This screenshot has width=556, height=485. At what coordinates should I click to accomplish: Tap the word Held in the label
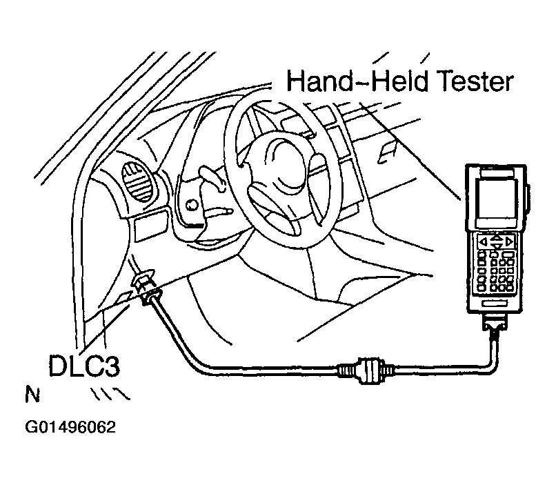(x=390, y=82)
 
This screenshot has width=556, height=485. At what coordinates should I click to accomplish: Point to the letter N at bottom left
(x=31, y=396)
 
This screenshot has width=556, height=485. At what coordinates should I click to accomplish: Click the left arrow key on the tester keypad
(x=482, y=241)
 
